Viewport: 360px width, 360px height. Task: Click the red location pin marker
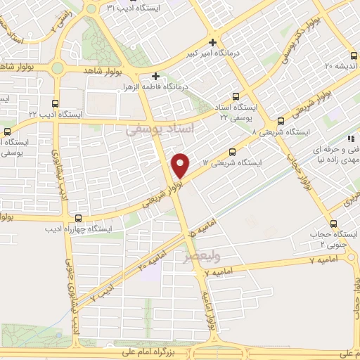181,165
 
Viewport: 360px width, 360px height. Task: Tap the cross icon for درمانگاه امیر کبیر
212,42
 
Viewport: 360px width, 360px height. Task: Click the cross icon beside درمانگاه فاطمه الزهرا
155,75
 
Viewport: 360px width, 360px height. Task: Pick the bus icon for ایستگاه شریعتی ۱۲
233,152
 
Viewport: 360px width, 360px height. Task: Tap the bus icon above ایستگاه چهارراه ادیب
77,218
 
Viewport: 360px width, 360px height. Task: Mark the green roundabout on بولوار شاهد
56,68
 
